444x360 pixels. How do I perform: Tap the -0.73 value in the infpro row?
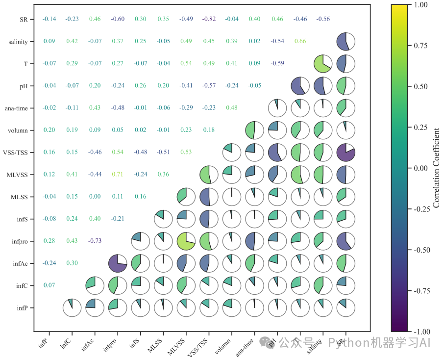(x=95, y=241)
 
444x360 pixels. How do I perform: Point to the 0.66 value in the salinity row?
(x=300, y=41)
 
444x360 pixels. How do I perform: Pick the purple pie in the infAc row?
(x=118, y=263)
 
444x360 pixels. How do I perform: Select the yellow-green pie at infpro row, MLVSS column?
(x=189, y=241)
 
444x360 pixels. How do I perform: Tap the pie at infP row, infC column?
(x=73, y=308)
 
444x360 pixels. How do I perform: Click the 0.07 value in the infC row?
(x=49, y=285)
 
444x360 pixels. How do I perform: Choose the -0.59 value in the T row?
(x=277, y=63)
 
